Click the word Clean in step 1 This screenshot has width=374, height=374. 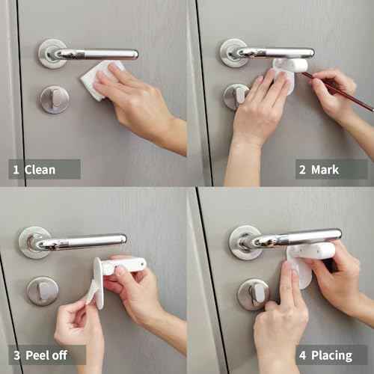pyautogui.click(x=40, y=170)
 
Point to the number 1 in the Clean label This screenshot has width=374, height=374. pyautogui.click(x=15, y=170)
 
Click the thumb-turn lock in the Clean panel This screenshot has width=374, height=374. pyautogui.click(x=54, y=99)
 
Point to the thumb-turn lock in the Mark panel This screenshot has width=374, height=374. pyautogui.click(x=236, y=96)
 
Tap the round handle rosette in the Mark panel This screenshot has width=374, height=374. pyautogui.click(x=234, y=52)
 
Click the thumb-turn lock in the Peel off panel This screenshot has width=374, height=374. pyautogui.click(x=42, y=290)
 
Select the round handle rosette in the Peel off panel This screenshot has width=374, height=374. pyautogui.click(x=34, y=242)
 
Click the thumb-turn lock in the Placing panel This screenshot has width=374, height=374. pyautogui.click(x=253, y=294)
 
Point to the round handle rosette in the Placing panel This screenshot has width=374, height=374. pyautogui.click(x=245, y=241)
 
